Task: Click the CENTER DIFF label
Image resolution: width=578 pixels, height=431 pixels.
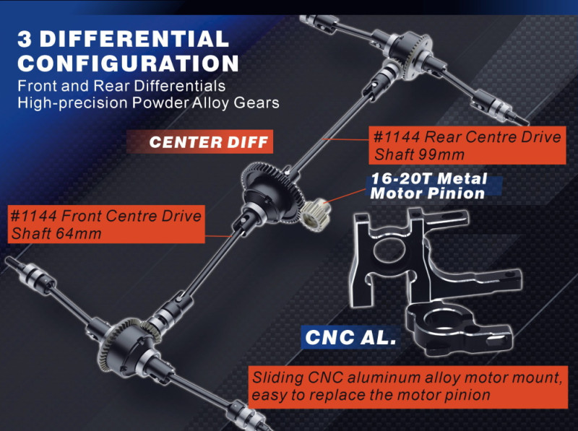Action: click(x=209, y=142)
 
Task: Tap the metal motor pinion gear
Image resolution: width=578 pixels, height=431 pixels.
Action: click(x=316, y=214)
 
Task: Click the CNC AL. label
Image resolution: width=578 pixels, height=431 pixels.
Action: click(x=350, y=336)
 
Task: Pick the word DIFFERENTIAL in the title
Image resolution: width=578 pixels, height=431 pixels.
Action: click(x=134, y=39)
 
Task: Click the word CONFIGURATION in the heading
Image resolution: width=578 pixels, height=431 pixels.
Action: click(x=128, y=64)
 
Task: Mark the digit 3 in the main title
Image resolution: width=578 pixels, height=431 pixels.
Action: click(x=25, y=39)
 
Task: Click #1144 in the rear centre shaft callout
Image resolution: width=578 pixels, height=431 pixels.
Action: click(x=397, y=137)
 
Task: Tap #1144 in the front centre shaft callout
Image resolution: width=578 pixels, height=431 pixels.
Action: click(x=33, y=216)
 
